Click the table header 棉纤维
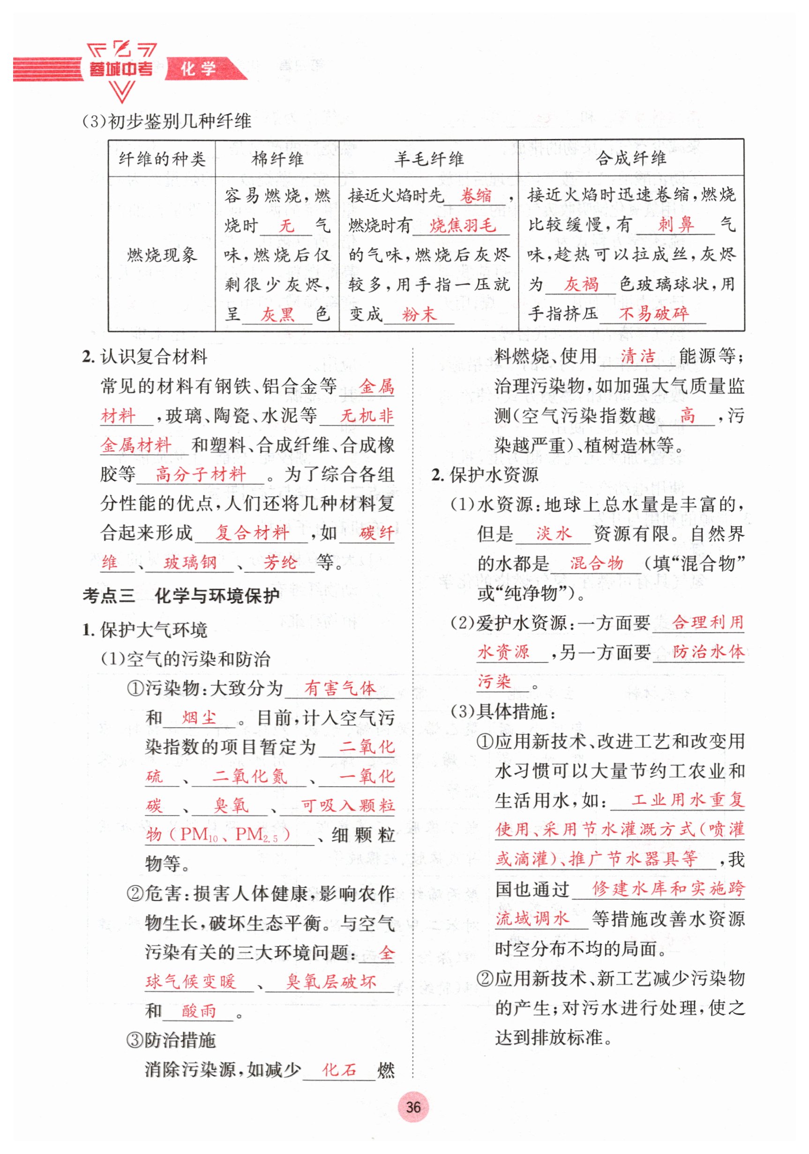[277, 159]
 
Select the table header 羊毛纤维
[428, 159]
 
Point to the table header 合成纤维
[630, 158]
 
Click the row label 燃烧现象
[162, 255]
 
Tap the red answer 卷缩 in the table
[476, 196]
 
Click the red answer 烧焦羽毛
[462, 225]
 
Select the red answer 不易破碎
[653, 314]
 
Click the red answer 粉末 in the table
[419, 315]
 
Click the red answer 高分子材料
[201, 474]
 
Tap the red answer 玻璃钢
[190, 562]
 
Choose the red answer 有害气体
[340, 688]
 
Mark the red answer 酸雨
[198, 1011]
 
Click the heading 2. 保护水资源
[485, 475]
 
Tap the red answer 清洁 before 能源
[637, 356]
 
